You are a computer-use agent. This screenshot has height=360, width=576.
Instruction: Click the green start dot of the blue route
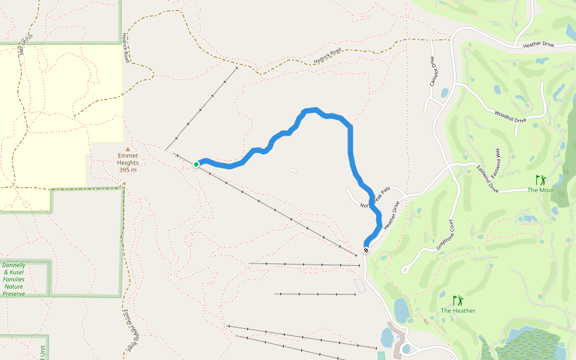[x=196, y=164]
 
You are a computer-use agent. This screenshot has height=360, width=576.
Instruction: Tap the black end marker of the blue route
[x=366, y=250]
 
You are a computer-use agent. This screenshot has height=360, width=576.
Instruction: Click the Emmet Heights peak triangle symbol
[x=127, y=149]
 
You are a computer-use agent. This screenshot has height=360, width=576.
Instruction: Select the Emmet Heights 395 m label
[x=128, y=163]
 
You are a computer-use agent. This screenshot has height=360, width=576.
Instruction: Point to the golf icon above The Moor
[x=541, y=179]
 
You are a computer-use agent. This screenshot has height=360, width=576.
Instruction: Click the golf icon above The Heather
[x=458, y=300]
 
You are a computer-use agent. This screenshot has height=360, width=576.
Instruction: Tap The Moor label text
[x=541, y=191]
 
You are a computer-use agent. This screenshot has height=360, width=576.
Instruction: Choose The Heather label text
[x=458, y=311]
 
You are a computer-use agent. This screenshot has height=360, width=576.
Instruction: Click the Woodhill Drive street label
[x=510, y=116]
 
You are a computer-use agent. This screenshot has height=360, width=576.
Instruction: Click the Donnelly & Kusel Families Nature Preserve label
[x=14, y=279]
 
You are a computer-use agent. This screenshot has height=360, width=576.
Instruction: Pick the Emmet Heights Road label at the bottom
[x=131, y=331]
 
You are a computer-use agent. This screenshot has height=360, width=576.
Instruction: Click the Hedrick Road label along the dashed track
[x=327, y=56]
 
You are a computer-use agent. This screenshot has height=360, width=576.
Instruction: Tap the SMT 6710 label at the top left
[x=26, y=46]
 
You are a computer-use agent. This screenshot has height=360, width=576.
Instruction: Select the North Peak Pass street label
[x=375, y=197]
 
